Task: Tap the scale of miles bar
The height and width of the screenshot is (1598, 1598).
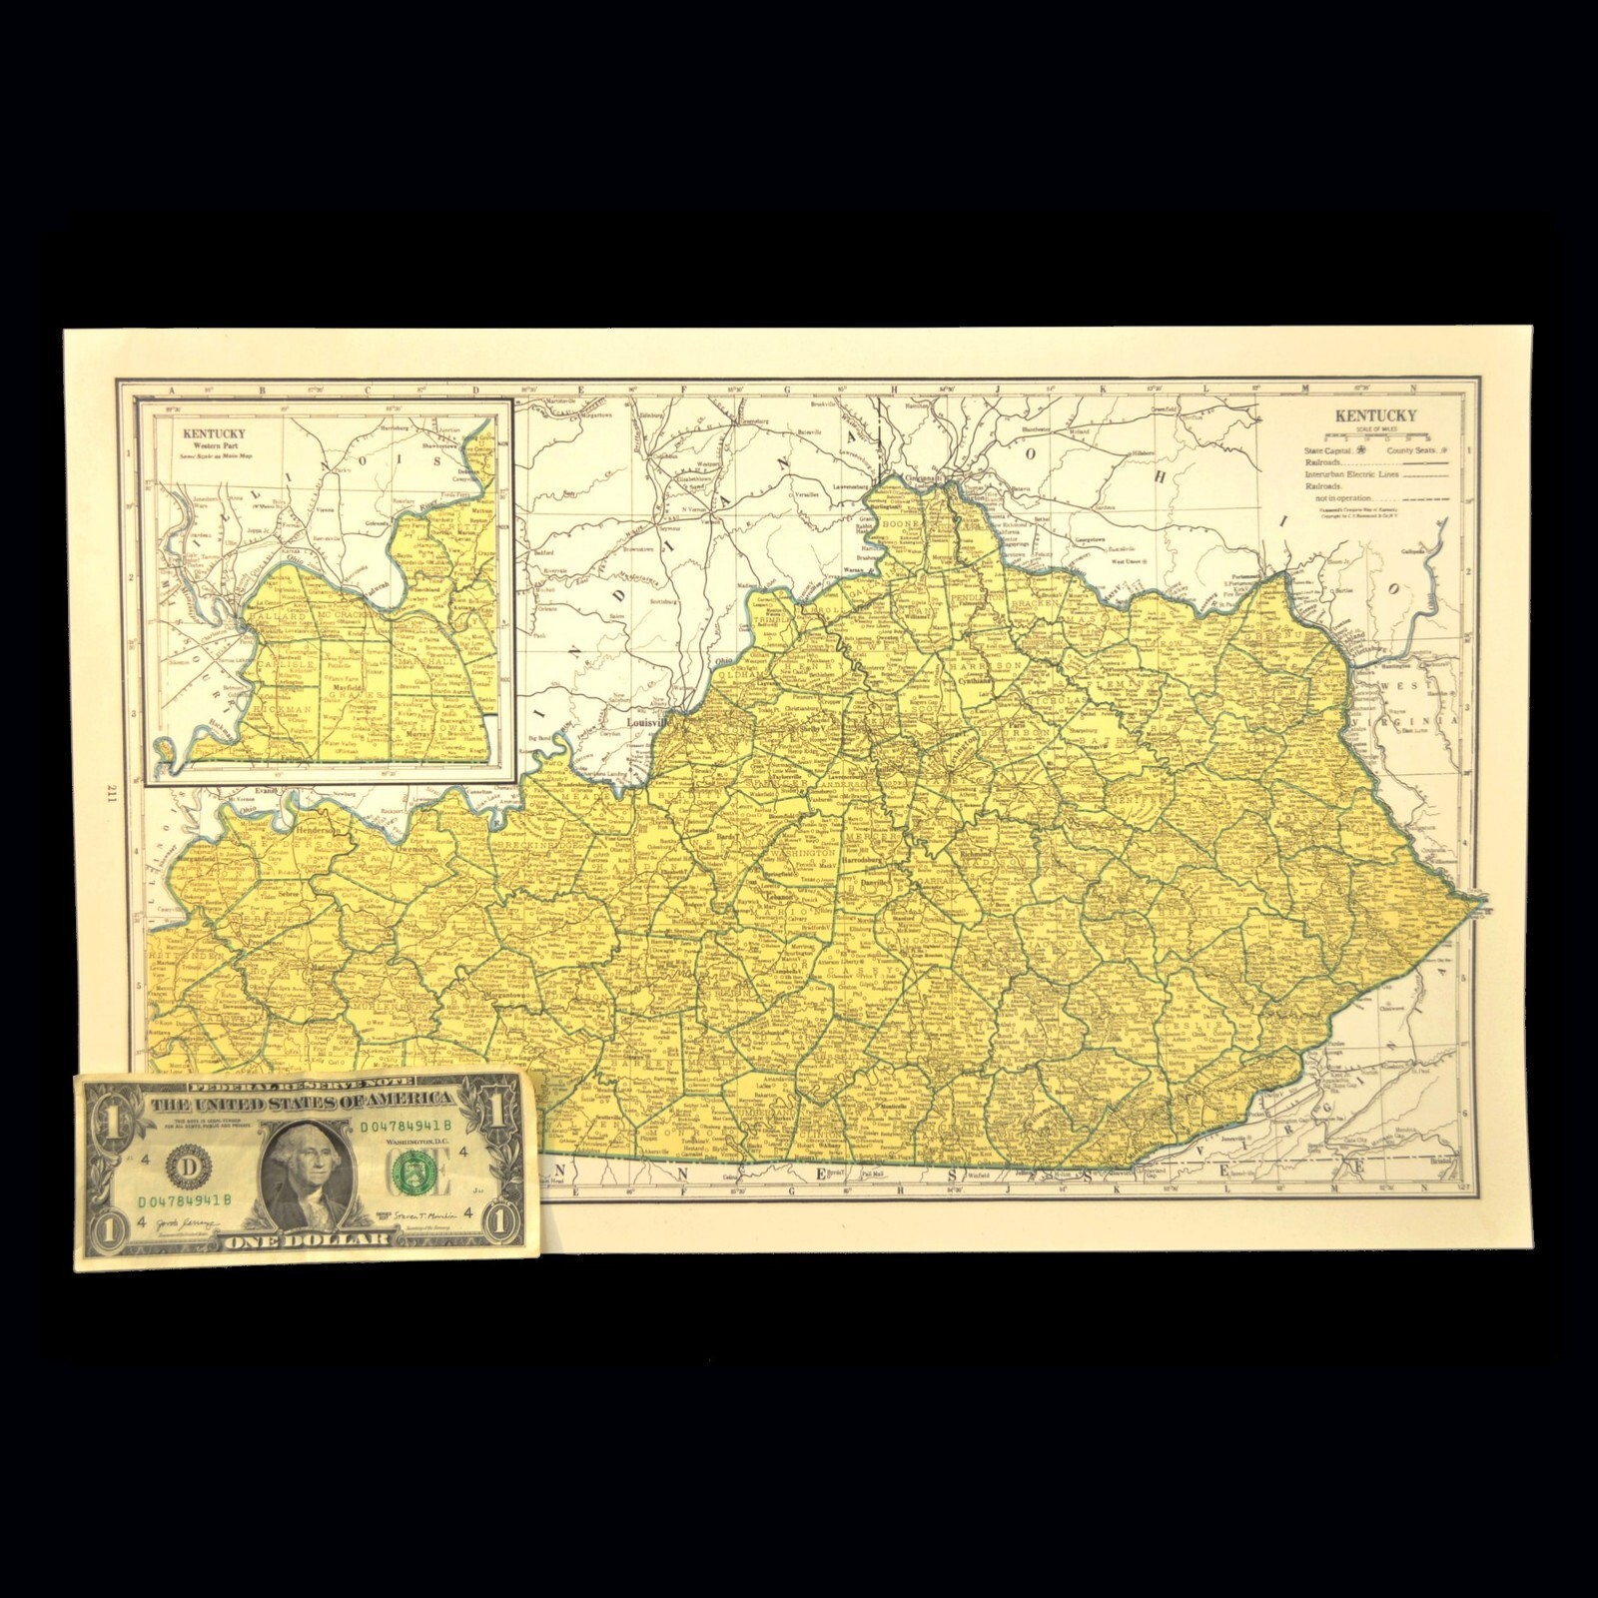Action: click(1375, 437)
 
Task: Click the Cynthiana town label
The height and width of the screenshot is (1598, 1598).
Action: click(977, 677)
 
